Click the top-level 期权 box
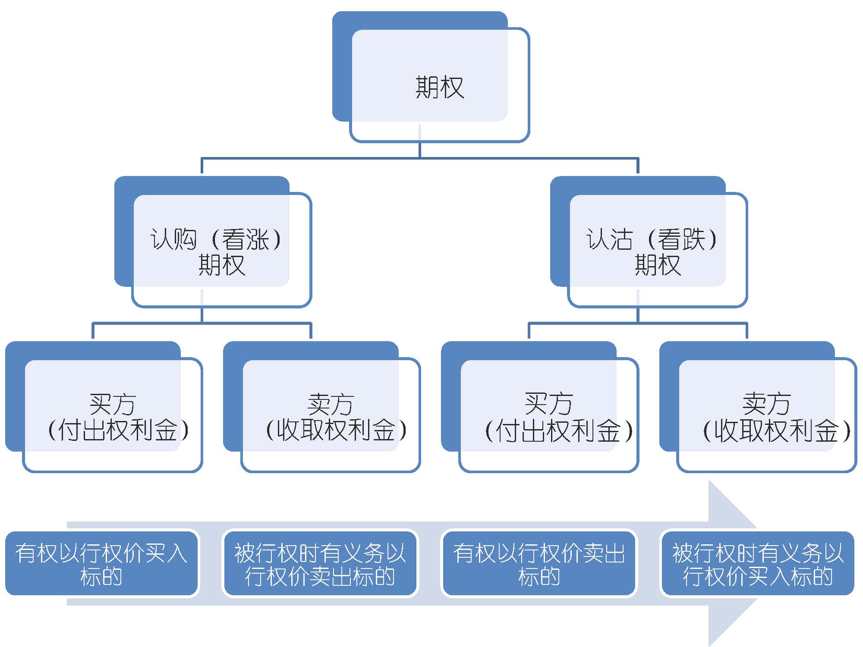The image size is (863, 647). point(439,86)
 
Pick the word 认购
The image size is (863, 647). point(173,239)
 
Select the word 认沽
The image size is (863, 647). point(609,239)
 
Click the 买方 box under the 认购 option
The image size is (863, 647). point(112,416)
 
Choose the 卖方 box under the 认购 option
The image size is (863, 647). point(330,416)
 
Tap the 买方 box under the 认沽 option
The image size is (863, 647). point(548,416)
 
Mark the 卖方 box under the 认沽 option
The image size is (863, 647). point(766,416)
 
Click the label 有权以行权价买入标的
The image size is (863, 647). point(101,564)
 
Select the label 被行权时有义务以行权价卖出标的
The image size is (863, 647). point(320,564)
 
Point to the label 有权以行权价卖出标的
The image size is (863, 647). point(539,564)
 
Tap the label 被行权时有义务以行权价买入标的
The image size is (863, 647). point(757,564)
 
